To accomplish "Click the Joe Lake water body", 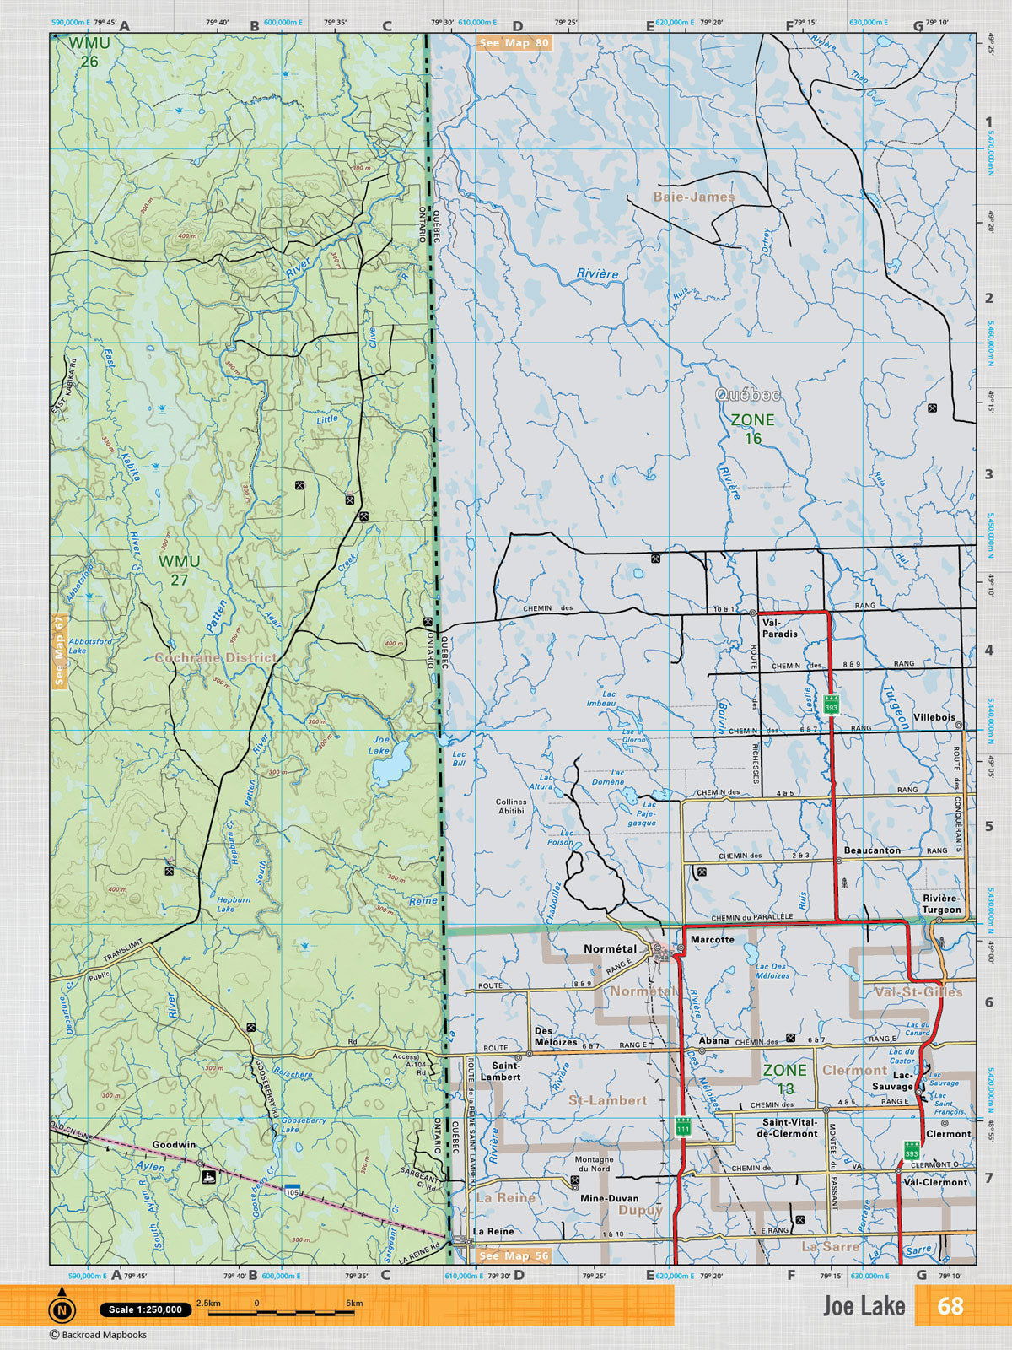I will (x=389, y=769).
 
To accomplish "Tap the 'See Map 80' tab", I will (x=514, y=43).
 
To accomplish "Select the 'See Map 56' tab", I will (x=514, y=1255).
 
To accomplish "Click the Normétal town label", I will (x=610, y=949).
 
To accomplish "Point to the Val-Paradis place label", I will (x=779, y=628).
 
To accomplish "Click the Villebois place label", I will (x=934, y=717).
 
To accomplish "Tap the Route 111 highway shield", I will (x=683, y=1127).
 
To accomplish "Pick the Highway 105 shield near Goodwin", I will (x=292, y=1191).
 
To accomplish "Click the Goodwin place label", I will (x=174, y=1145).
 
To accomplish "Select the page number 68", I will (x=950, y=1305).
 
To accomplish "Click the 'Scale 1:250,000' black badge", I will (x=145, y=1309).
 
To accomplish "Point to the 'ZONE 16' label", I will (x=752, y=429).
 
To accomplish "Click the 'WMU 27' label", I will (x=179, y=570).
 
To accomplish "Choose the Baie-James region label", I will (x=693, y=197).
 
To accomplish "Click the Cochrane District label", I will (x=215, y=657).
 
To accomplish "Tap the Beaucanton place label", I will (x=872, y=850).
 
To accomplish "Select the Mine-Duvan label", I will (x=609, y=1198).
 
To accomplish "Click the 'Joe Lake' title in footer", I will (x=864, y=1306).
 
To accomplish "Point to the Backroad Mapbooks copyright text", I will (x=98, y=1335).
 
